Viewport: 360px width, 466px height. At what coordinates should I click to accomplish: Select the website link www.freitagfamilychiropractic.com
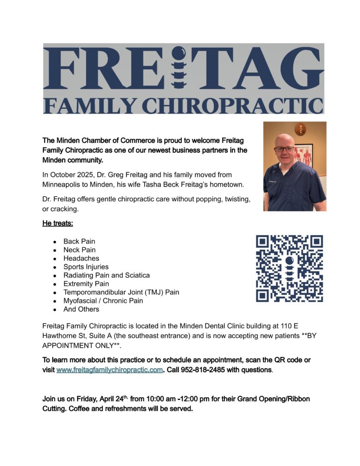point(109,370)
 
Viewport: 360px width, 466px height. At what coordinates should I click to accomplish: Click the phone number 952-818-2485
point(206,370)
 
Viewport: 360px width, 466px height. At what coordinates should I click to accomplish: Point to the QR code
point(289,269)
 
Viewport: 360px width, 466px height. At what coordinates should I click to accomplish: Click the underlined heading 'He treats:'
point(58,224)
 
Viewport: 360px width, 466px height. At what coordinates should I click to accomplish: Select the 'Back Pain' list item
point(79,242)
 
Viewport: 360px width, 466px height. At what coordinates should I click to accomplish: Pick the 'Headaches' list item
point(81,258)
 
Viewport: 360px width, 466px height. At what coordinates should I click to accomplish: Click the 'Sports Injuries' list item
point(86,267)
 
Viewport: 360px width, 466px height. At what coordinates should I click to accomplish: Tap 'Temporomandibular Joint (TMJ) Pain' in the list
point(121,292)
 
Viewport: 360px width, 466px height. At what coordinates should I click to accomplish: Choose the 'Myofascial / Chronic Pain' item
point(103,301)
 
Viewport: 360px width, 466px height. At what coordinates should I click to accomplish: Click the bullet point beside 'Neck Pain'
point(55,250)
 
